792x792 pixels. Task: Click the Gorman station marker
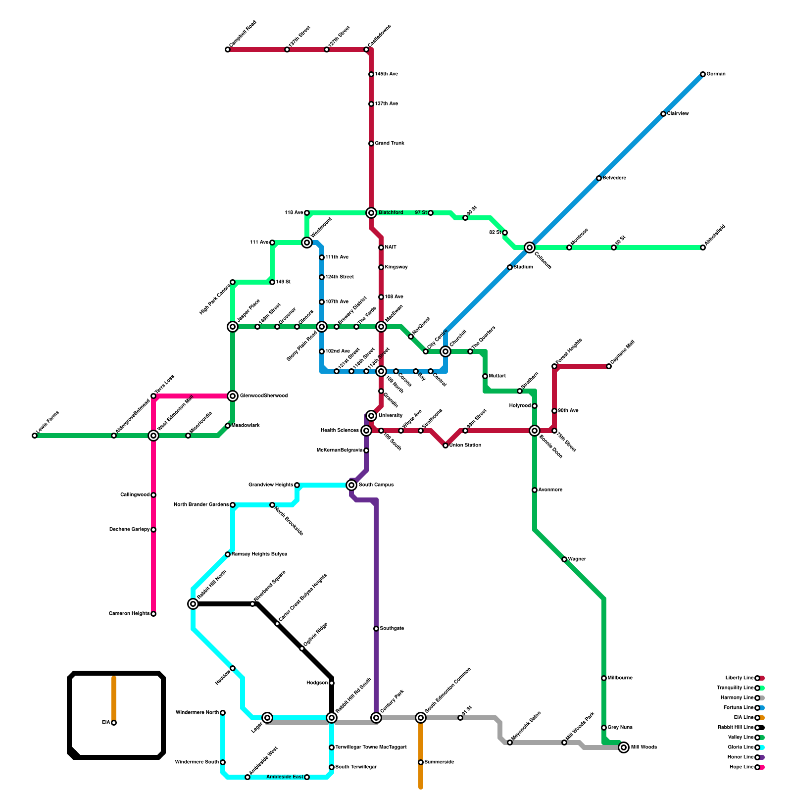click(x=703, y=74)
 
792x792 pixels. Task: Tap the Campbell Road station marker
click(x=228, y=49)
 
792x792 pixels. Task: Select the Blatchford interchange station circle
click(x=371, y=213)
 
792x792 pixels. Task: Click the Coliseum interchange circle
click(x=530, y=247)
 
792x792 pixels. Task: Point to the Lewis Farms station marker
click(x=35, y=436)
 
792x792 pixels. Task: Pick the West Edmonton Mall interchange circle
click(x=153, y=436)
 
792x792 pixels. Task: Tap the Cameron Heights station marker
click(x=153, y=614)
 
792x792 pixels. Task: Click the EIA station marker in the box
click(x=114, y=723)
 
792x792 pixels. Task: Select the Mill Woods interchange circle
click(x=624, y=747)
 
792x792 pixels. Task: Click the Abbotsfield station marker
click(x=703, y=247)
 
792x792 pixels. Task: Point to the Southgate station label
click(x=392, y=629)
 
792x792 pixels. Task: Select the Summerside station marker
click(x=421, y=762)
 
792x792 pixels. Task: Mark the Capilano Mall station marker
click(x=609, y=366)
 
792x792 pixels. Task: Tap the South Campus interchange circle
click(x=351, y=485)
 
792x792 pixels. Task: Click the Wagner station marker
click(x=564, y=559)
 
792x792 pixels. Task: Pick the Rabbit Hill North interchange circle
click(x=193, y=604)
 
